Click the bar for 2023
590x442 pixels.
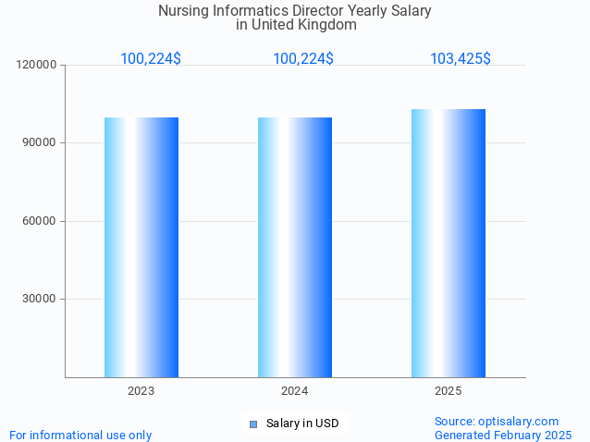point(141,247)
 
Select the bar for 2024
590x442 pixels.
point(295,247)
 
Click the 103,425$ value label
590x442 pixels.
point(460,59)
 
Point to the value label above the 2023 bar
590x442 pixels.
point(151,59)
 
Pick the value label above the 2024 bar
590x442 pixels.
point(303,59)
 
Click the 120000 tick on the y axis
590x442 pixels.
point(38,65)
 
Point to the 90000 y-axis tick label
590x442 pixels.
point(41,143)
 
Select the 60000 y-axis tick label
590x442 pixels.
point(41,221)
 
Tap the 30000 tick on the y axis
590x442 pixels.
point(41,299)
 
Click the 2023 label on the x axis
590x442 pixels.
point(141,391)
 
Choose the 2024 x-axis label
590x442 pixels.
point(295,391)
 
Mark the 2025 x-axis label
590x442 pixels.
point(449,391)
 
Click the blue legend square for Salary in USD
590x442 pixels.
point(252,424)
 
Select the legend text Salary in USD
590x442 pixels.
point(302,424)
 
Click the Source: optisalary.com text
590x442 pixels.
point(497,421)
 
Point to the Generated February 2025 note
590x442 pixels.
point(503,435)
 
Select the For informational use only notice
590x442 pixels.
point(80,435)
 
